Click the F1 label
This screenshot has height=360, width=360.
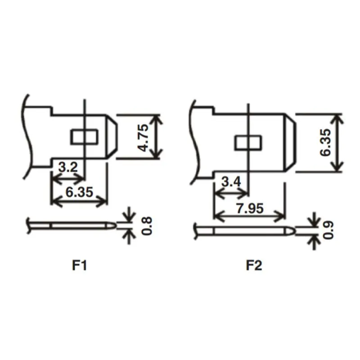(x=80, y=265)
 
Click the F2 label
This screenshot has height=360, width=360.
(x=254, y=265)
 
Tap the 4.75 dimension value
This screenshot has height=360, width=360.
(x=144, y=138)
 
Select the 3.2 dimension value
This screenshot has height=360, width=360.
(x=68, y=167)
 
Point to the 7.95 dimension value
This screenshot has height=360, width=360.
(x=250, y=209)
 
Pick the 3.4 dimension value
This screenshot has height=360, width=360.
(x=231, y=182)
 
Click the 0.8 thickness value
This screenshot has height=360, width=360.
(x=147, y=226)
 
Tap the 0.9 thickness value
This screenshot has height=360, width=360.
(x=328, y=230)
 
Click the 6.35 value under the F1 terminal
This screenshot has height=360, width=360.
(x=80, y=192)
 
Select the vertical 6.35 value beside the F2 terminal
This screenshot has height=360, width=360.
(x=326, y=142)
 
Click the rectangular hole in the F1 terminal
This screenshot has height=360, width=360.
(x=85, y=137)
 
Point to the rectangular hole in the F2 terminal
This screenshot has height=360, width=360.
(x=248, y=143)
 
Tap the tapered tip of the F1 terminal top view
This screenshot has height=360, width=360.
(x=112, y=137)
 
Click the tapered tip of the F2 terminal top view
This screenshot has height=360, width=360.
(x=290, y=142)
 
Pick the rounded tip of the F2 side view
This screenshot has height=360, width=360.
(x=290, y=231)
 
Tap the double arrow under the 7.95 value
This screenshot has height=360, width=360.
(x=250, y=216)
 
